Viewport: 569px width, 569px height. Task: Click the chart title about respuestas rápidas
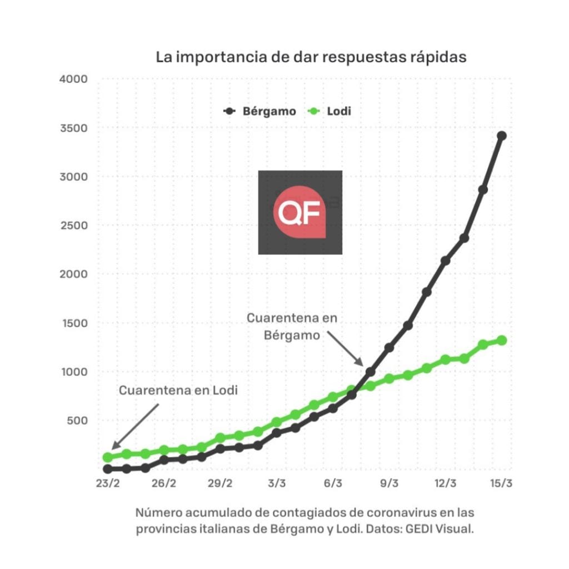pyautogui.click(x=311, y=57)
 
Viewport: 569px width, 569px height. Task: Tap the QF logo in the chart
pyautogui.click(x=300, y=212)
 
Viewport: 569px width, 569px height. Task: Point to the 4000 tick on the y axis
pyautogui.click(x=73, y=79)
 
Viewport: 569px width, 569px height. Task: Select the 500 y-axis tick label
pyautogui.click(x=77, y=420)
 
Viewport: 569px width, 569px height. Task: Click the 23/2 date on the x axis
pyautogui.click(x=107, y=483)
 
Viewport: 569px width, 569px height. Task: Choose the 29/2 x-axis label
pyautogui.click(x=220, y=483)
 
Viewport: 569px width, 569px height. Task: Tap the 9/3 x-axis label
pyautogui.click(x=389, y=483)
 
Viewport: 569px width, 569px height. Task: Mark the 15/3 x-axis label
pyautogui.click(x=501, y=483)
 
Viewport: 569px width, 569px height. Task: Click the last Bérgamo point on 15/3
pyautogui.click(x=501, y=136)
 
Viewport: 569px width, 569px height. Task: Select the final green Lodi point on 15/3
pyautogui.click(x=501, y=340)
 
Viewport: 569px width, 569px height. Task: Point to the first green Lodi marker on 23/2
pyautogui.click(x=108, y=457)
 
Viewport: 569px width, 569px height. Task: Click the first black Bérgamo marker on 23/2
pyautogui.click(x=108, y=470)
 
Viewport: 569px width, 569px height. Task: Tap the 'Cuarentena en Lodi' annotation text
pyautogui.click(x=178, y=391)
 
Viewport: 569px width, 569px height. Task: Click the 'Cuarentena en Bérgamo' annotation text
pyautogui.click(x=292, y=327)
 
